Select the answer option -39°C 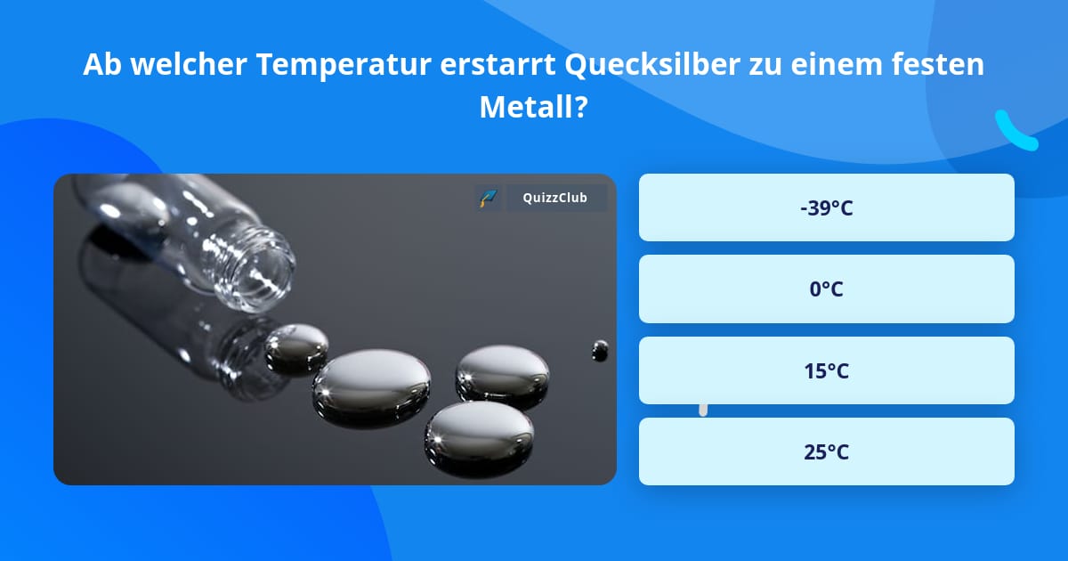pos(826,207)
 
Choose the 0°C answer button pos(826,289)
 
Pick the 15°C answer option pos(826,370)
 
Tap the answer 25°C pos(826,451)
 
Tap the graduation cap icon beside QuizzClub pos(488,198)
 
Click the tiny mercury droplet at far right pos(600,349)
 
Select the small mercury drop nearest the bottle pos(297,346)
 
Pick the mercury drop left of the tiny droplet pos(502,373)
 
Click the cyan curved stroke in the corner pos(1015,132)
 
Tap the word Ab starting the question pos(101,65)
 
